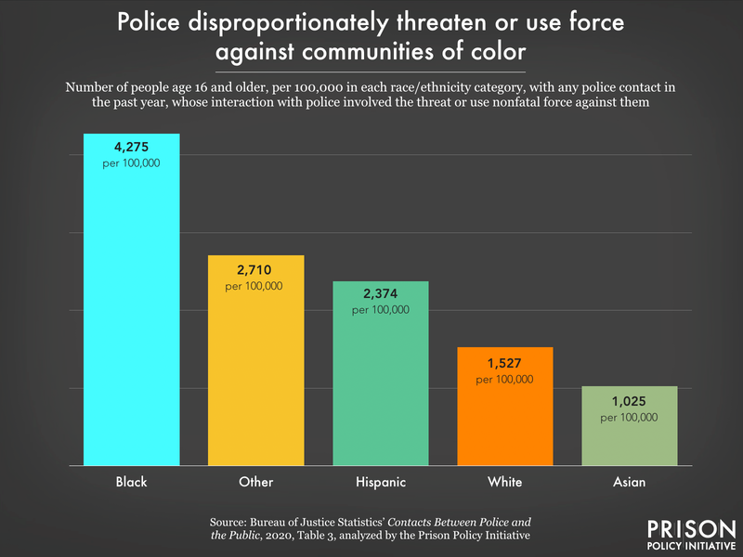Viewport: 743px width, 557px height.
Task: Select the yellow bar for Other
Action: (x=255, y=371)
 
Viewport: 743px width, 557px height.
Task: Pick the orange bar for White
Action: (x=505, y=418)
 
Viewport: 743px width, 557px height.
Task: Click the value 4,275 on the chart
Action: (x=131, y=146)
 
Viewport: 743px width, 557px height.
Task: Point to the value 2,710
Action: (x=255, y=268)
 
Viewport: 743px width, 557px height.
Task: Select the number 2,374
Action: (x=381, y=293)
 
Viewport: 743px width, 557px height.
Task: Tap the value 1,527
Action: (x=505, y=361)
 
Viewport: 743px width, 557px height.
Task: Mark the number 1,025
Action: (x=629, y=400)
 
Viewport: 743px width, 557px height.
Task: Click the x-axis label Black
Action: (x=131, y=482)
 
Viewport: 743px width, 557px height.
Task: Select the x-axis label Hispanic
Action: (x=381, y=482)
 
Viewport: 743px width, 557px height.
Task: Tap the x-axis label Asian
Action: (x=629, y=482)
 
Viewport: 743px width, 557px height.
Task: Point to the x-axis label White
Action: (x=505, y=482)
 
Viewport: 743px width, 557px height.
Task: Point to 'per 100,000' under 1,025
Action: (x=629, y=418)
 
